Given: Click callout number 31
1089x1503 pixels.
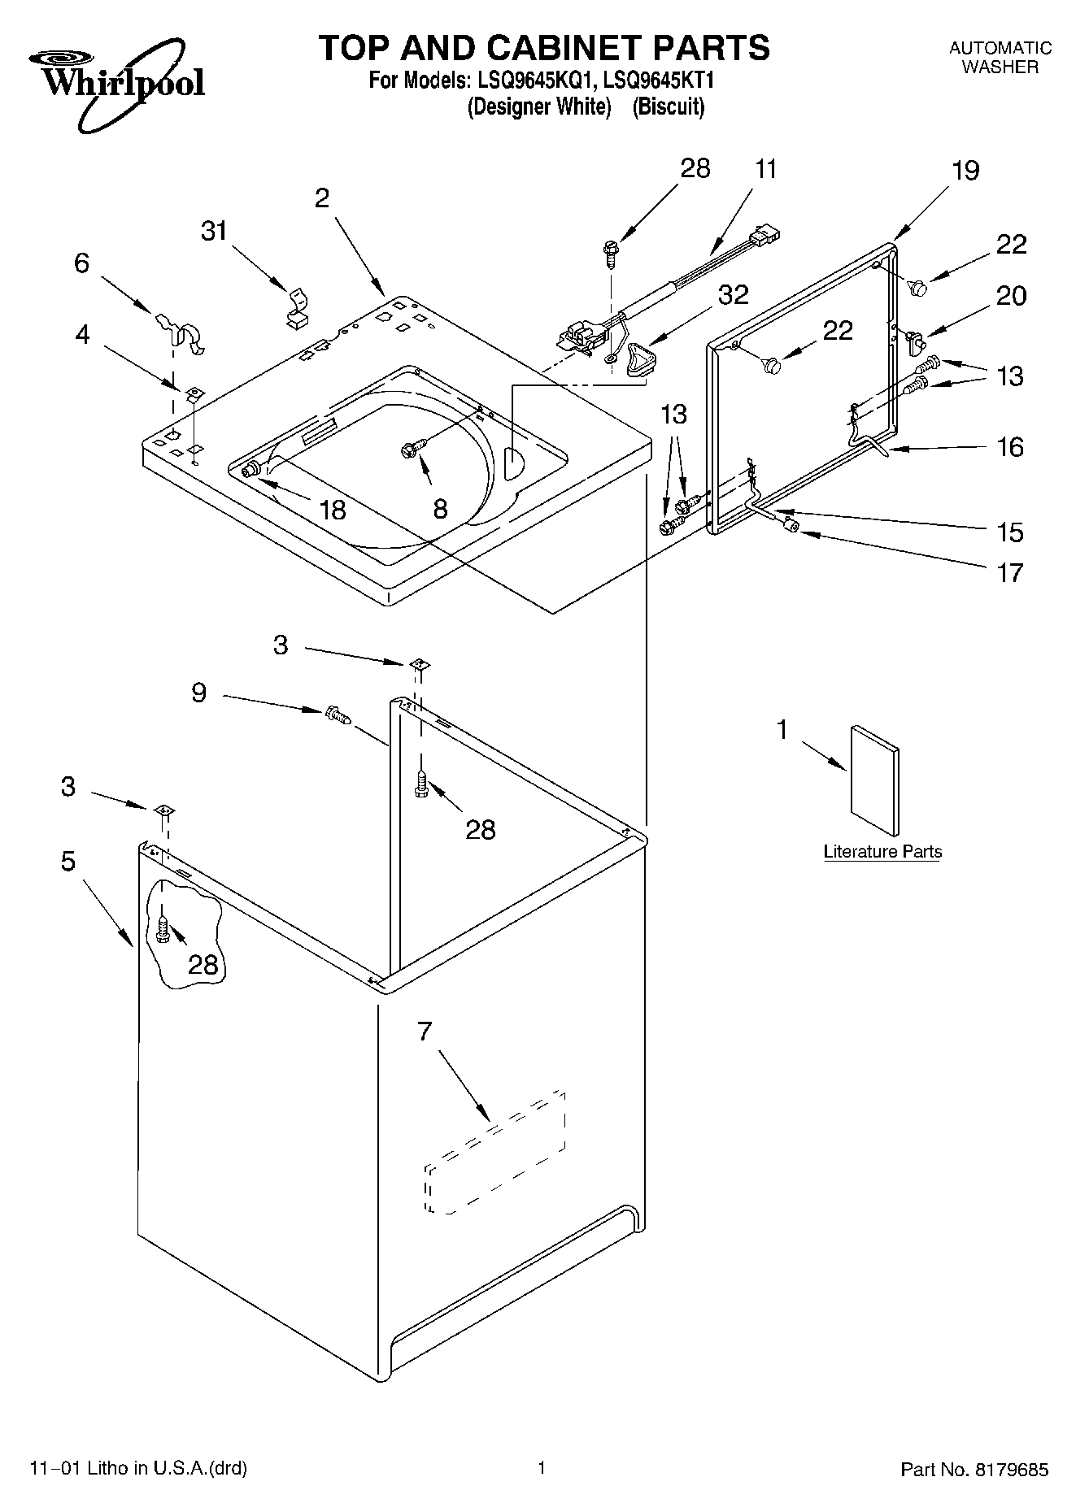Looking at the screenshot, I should coord(214,232).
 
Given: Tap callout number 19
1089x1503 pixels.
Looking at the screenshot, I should coord(965,171).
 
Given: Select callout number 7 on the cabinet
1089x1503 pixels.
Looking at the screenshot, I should coord(424,1032).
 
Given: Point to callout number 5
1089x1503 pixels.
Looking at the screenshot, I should coord(68,861).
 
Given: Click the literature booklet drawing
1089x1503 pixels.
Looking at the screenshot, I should coord(875,781).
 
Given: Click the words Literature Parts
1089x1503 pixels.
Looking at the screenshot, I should coord(882,852).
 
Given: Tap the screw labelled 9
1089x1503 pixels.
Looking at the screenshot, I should coord(337,715).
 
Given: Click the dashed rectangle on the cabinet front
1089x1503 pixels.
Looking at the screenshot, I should coord(494,1153).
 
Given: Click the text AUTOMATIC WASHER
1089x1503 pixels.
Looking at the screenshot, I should coord(1000,58).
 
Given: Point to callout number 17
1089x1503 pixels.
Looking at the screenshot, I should coord(1009,573).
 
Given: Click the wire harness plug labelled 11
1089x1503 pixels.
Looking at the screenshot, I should coord(765,236).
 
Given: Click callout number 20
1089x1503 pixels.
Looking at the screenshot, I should coord(1011,296).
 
